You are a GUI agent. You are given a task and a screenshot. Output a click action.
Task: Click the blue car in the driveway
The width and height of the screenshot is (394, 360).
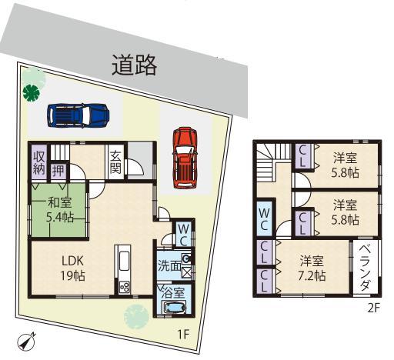point(76,115)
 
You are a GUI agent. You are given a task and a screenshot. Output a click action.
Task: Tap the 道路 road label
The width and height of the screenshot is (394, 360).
point(135,67)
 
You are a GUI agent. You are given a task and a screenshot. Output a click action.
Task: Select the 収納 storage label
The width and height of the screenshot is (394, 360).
point(38,162)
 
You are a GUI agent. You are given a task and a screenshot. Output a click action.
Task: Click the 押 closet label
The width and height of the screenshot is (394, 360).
point(58,169)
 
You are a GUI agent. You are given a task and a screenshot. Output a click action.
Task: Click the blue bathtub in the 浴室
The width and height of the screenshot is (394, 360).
point(175,308)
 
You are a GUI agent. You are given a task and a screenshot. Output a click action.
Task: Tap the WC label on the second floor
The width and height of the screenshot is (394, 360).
point(263,216)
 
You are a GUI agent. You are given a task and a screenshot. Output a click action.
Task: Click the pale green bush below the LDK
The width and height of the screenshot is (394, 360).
point(137,315)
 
